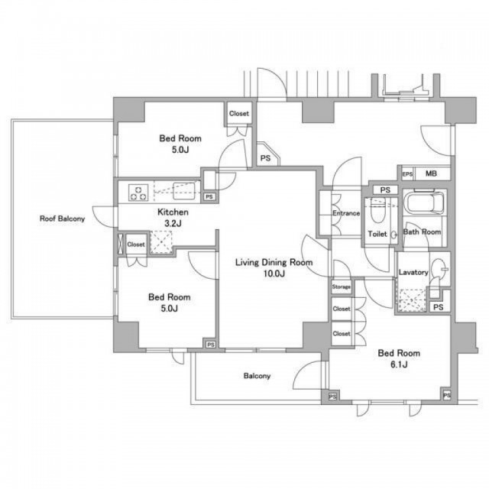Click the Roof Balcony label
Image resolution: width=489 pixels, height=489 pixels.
point(62,219)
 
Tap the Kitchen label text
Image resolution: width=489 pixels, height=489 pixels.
point(173,212)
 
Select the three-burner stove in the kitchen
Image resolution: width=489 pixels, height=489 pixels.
point(138,193)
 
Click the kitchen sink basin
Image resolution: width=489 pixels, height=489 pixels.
point(184,191)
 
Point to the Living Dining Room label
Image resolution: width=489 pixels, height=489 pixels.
point(274,262)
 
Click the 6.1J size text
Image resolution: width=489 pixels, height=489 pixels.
point(399,364)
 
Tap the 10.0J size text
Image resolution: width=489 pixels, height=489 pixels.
point(274,274)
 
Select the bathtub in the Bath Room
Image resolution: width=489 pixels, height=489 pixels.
point(424,202)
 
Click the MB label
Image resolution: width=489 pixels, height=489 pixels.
point(431,173)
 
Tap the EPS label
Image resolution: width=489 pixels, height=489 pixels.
point(407,174)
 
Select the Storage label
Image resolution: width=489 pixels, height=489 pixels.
point(342,287)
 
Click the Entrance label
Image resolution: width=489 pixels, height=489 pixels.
point(346,213)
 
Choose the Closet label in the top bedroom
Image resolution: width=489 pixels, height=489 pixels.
point(239,114)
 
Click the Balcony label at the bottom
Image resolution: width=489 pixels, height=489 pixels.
point(257,376)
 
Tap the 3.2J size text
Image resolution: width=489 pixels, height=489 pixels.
point(173,224)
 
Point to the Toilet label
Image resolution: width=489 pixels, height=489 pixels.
point(377,234)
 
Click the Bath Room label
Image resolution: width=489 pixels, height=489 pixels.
point(422,232)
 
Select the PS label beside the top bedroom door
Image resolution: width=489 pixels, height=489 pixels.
point(265,158)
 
